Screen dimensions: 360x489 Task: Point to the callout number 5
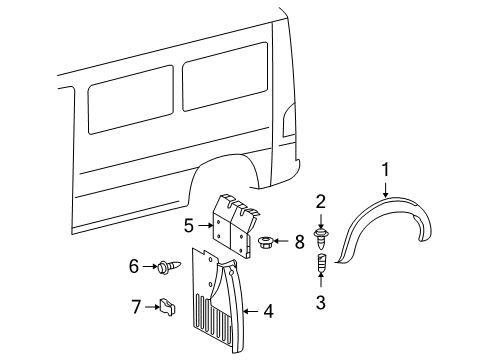coord(188,226)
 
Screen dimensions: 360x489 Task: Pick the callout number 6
coord(133,266)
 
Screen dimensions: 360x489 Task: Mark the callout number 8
coord(299,241)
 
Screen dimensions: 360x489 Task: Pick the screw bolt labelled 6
coord(162,266)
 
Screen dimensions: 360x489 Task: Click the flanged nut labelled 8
coord(270,242)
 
